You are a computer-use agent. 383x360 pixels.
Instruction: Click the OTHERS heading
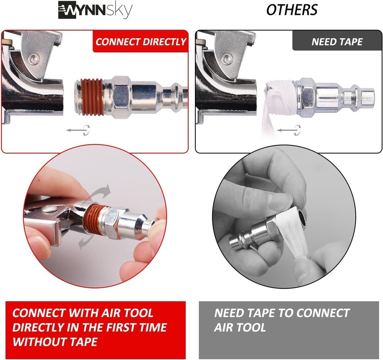click(x=292, y=10)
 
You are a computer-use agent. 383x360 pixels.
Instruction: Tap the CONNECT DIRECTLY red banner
click(x=141, y=42)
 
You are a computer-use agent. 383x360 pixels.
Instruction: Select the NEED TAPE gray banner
click(x=337, y=42)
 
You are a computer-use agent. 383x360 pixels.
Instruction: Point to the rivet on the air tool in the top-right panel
click(x=227, y=58)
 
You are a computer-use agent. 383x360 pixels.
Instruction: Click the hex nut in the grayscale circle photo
click(x=271, y=229)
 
